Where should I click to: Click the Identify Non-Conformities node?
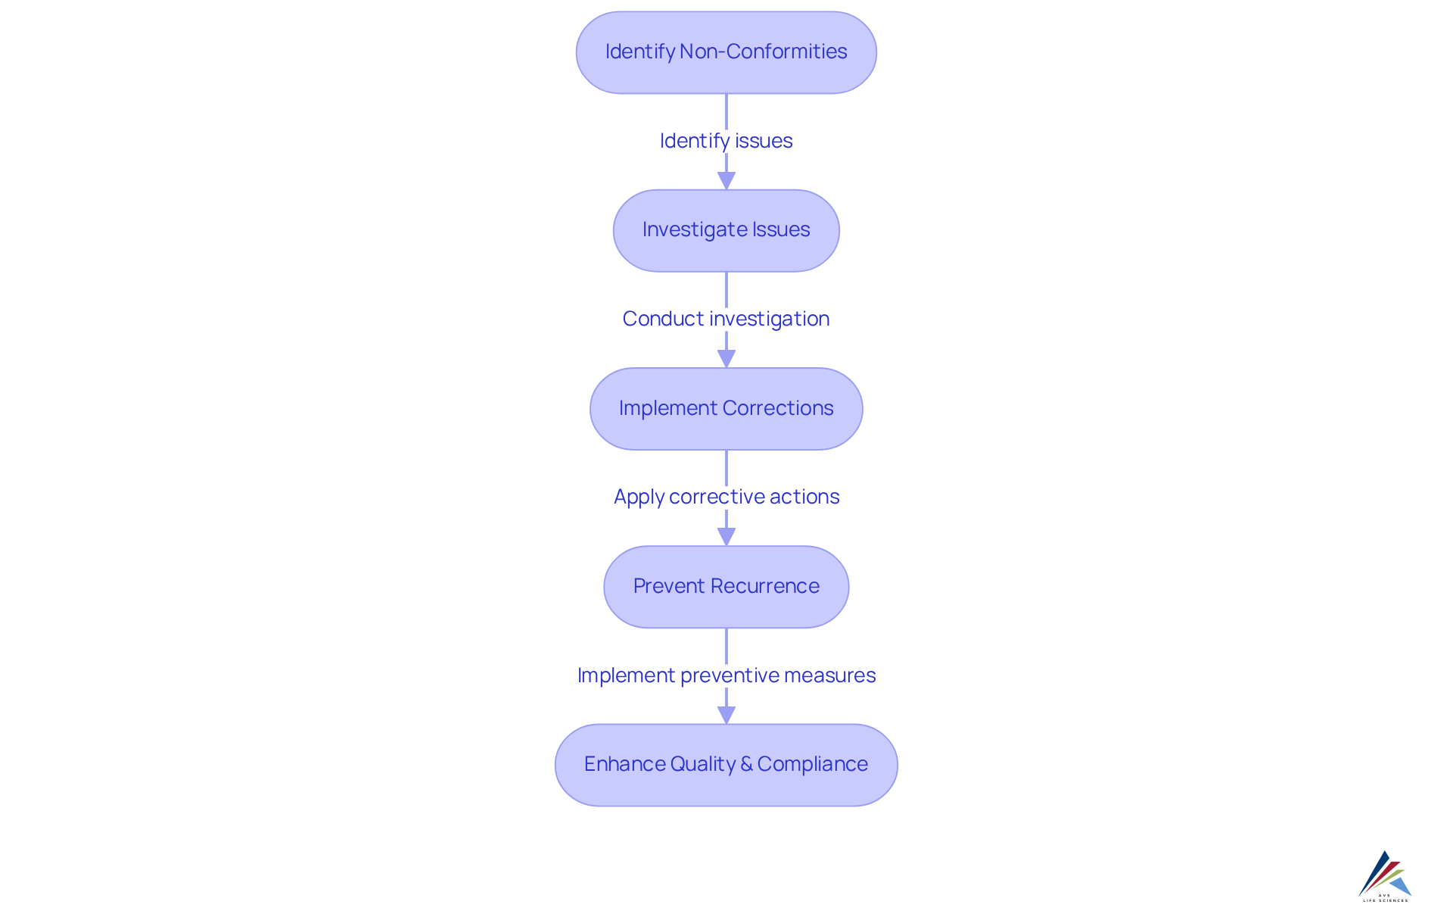click(x=726, y=52)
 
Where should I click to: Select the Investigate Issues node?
click(x=726, y=230)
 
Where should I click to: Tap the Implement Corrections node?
click(x=726, y=409)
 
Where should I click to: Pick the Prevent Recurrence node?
click(x=726, y=587)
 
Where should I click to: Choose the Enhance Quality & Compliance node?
click(x=726, y=765)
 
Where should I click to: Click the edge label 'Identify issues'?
click(x=726, y=141)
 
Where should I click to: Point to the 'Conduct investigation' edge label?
click(x=726, y=319)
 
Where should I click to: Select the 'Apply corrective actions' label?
click(x=726, y=497)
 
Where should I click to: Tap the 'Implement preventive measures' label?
click(x=726, y=675)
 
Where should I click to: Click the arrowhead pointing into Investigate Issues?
click(x=726, y=181)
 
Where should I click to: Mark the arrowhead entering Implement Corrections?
click(x=726, y=359)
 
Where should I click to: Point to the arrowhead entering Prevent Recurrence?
click(x=726, y=537)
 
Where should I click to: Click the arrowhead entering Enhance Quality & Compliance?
click(x=726, y=715)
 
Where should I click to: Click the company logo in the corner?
click(x=1385, y=877)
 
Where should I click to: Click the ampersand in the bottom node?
click(x=746, y=764)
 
